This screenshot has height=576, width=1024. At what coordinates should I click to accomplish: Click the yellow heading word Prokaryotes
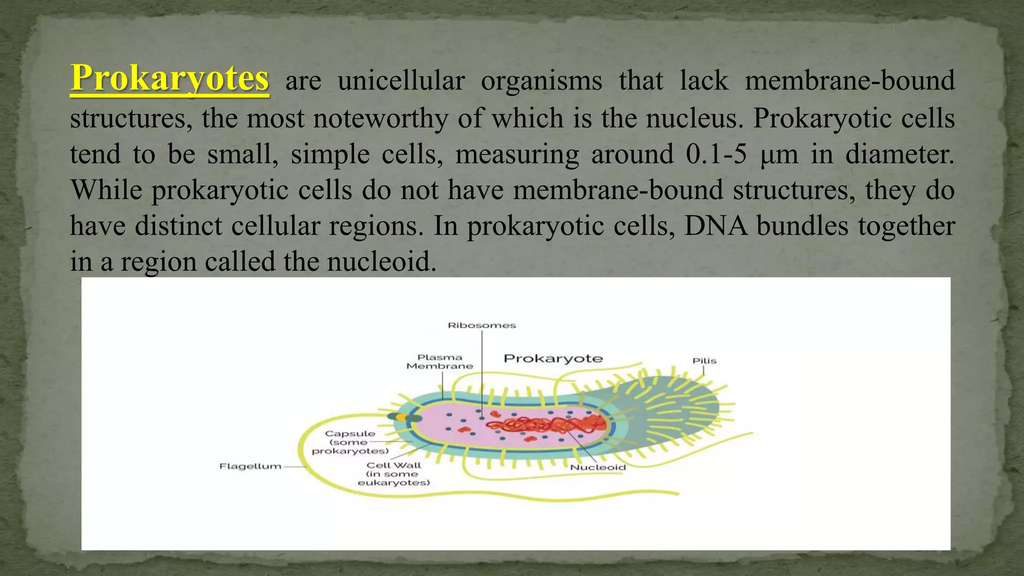tap(169, 78)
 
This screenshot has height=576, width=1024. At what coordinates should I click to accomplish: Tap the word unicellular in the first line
tap(401, 81)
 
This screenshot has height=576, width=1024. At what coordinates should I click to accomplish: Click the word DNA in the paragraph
tap(715, 226)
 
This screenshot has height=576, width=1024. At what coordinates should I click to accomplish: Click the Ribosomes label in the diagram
tap(481, 325)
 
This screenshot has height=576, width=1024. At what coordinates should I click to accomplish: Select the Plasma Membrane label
tap(439, 361)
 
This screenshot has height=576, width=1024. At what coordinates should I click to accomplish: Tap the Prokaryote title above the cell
tap(553, 358)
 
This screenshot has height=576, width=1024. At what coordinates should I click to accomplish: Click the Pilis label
tap(704, 361)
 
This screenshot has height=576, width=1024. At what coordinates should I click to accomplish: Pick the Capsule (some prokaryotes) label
tap(350, 442)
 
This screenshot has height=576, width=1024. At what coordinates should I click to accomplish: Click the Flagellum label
tap(250, 466)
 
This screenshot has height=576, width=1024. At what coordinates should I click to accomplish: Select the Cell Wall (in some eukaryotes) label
tap(394, 474)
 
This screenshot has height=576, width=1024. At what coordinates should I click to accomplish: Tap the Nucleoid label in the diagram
tap(598, 467)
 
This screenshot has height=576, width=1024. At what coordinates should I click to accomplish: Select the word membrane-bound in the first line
tap(849, 81)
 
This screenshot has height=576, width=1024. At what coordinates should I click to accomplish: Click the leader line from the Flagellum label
tap(295, 466)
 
